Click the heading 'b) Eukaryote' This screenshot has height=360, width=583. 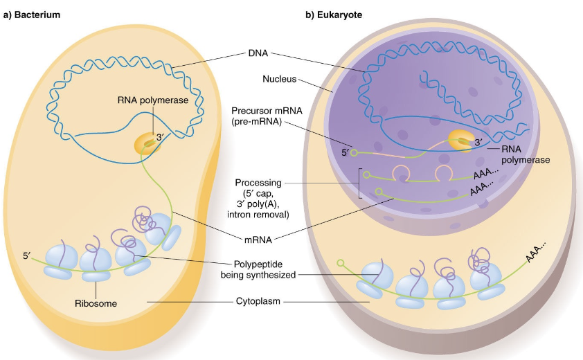(x=334, y=14)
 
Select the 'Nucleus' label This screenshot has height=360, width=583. (x=280, y=79)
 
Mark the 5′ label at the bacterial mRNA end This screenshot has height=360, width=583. (x=26, y=255)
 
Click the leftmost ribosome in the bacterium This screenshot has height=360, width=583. (x=60, y=264)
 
